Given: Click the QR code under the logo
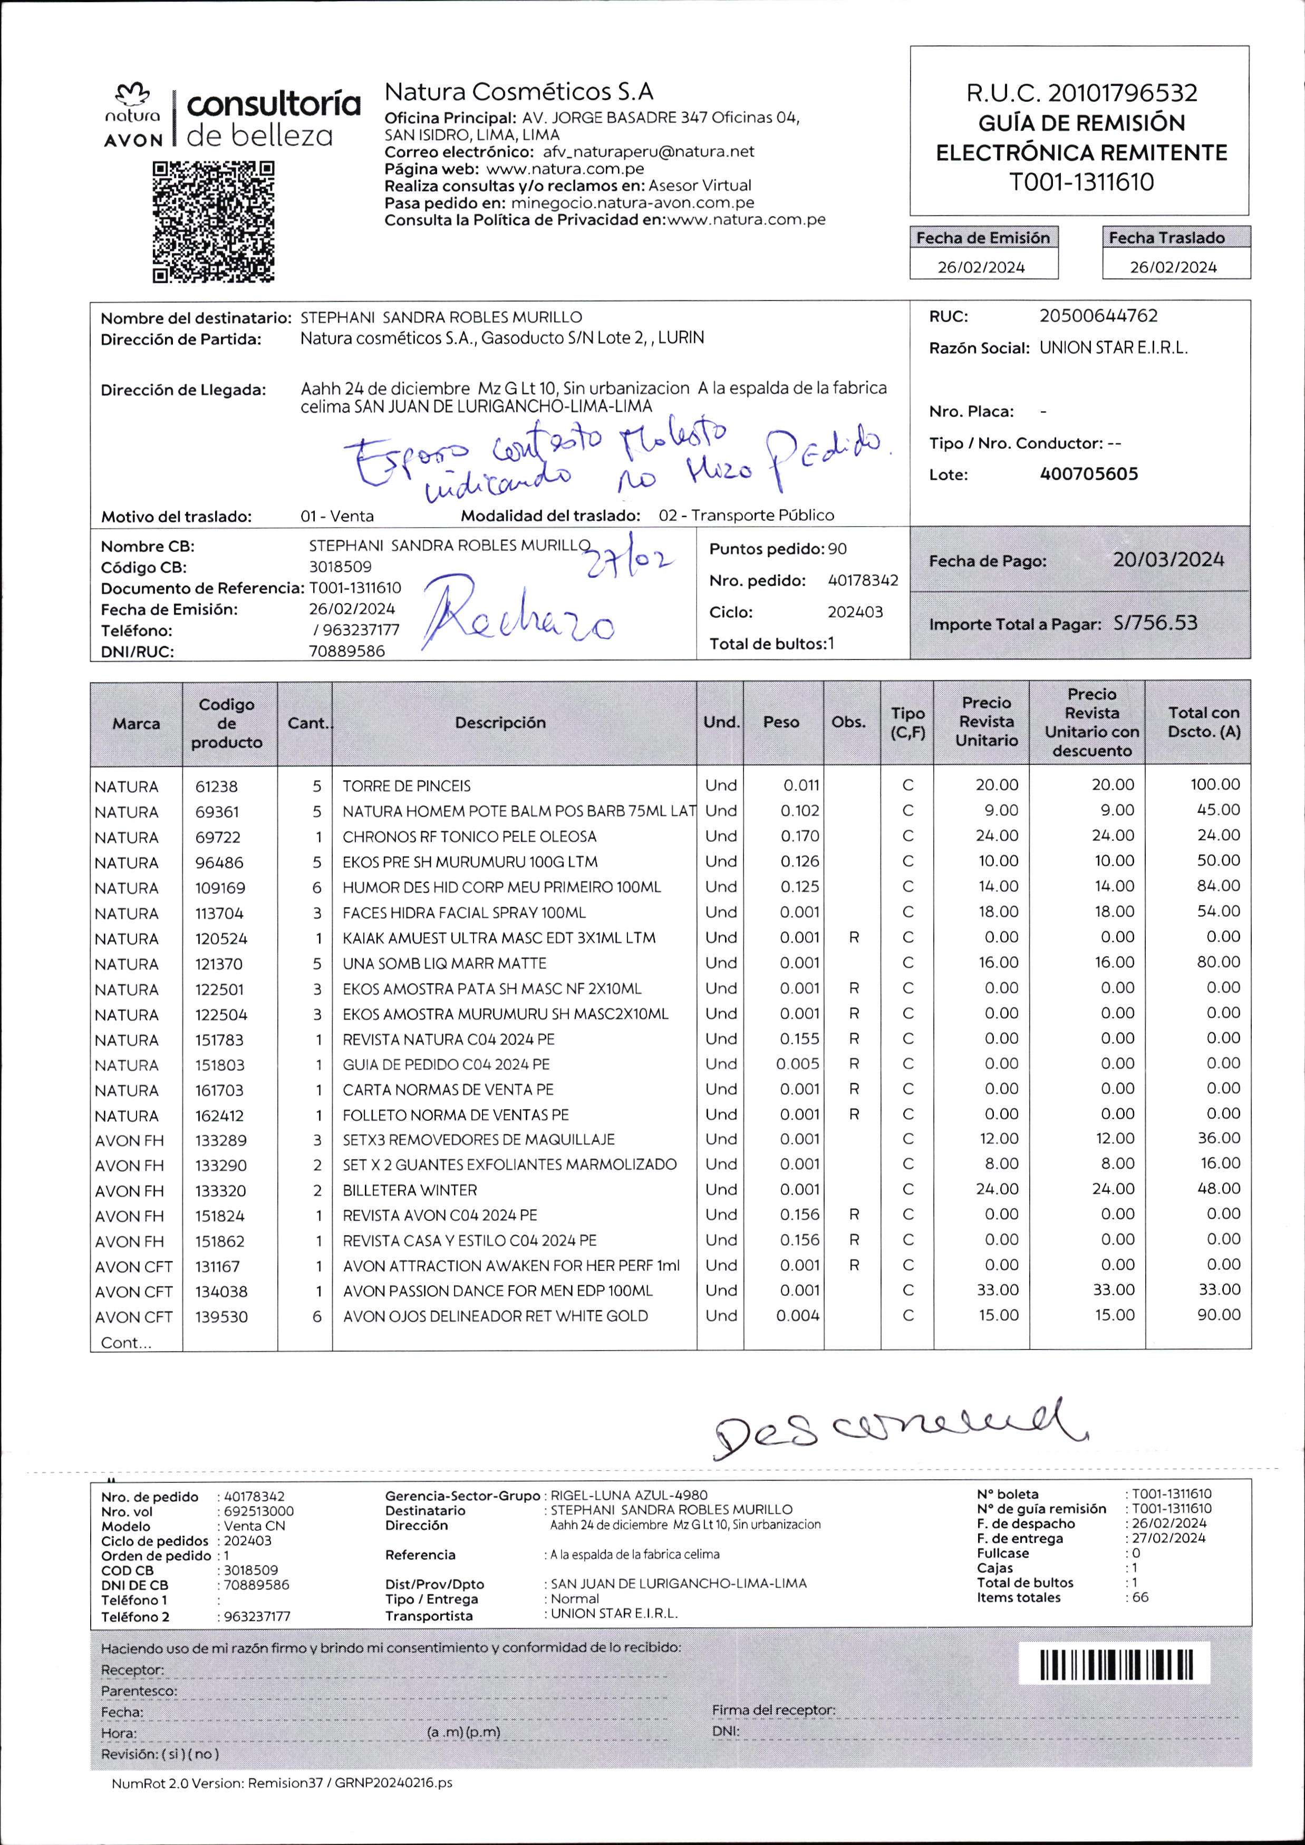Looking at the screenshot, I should [x=214, y=222].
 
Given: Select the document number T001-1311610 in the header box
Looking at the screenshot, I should [x=1081, y=182].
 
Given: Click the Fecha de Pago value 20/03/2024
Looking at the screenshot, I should [x=1168, y=560].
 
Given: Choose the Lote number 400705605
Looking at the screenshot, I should [x=1089, y=474].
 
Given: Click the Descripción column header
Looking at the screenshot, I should [x=500, y=722].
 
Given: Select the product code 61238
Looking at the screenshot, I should [x=216, y=786].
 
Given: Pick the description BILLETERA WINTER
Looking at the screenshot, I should [x=410, y=1190].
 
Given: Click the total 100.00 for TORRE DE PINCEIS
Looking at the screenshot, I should [x=1215, y=784].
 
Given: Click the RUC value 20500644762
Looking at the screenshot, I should [x=1098, y=316].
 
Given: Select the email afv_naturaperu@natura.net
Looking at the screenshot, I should [x=649, y=152].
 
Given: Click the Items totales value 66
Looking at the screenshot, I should [x=1140, y=1597].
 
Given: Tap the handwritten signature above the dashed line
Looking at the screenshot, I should [x=900, y=1429].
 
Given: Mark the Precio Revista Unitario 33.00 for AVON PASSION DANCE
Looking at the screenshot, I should [x=997, y=1290].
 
